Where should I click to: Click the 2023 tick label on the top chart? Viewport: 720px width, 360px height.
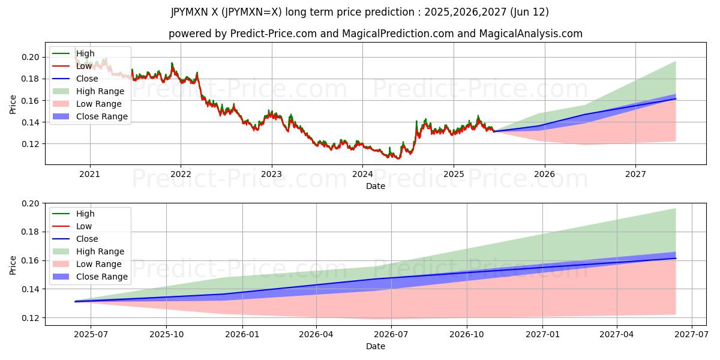pos(271,175)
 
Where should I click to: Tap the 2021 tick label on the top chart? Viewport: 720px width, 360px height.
pos(90,175)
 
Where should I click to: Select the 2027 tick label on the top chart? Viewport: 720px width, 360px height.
pos(635,175)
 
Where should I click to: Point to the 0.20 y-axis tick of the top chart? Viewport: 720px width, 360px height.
pos(31,58)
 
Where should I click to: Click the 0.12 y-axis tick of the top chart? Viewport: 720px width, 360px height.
pos(31,144)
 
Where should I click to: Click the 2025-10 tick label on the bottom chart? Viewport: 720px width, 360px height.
pos(166,335)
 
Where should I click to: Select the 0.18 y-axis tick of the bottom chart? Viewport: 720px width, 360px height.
pos(31,232)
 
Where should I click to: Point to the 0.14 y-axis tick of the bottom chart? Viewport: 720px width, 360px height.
pos(31,289)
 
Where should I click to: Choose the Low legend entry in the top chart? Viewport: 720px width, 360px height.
pos(84,66)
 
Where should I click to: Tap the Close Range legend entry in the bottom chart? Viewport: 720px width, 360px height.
pos(102,277)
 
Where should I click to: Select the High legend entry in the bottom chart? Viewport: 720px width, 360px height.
pos(85,214)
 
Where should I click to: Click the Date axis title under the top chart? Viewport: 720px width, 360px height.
pos(376,186)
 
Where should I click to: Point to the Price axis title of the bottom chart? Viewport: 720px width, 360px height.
pos(13,265)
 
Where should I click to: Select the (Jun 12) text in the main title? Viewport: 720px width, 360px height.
pos(529,12)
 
